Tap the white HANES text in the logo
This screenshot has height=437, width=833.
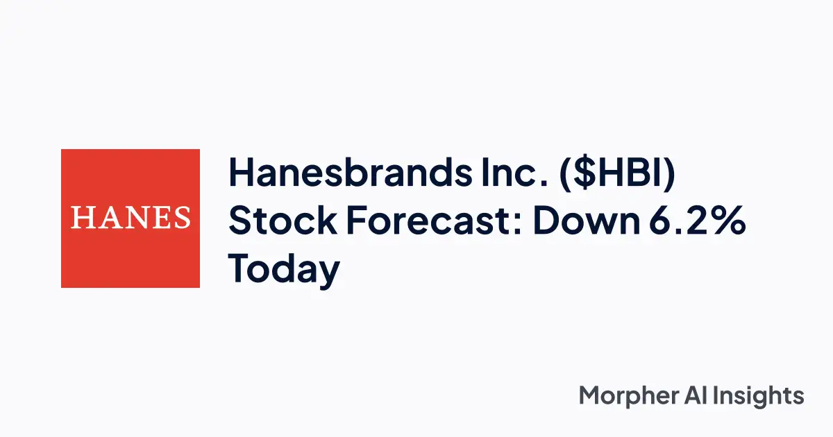tap(131, 218)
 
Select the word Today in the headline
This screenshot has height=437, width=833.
tap(285, 270)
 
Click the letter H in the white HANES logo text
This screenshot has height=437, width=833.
tap(81, 218)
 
